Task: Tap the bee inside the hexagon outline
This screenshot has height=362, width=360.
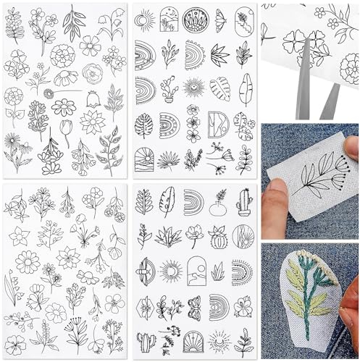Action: tap(145, 308)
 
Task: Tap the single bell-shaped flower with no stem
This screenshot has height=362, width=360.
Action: tap(93, 98)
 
